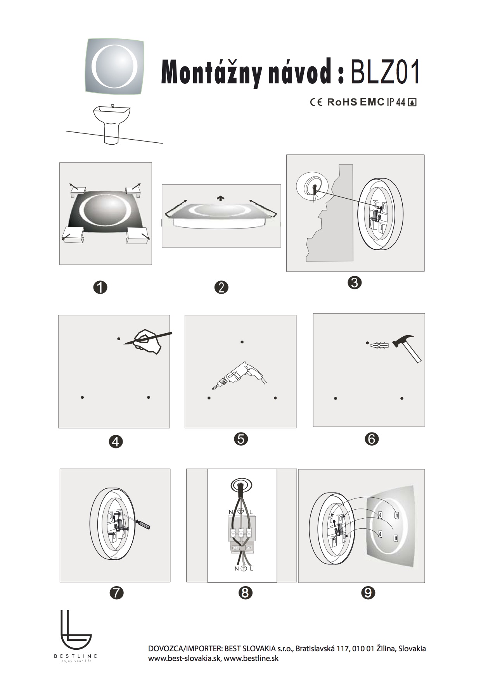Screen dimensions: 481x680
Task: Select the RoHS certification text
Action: click(342, 102)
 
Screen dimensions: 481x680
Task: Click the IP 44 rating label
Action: click(396, 102)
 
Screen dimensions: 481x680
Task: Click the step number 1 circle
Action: click(100, 287)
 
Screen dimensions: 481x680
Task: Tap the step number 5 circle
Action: click(241, 439)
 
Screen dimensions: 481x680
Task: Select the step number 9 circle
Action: click(368, 593)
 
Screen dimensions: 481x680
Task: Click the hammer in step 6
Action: click(407, 348)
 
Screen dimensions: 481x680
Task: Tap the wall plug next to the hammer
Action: click(379, 344)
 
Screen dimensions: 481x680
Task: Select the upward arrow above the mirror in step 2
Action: click(221, 198)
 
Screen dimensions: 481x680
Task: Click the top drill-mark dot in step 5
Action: click(242, 342)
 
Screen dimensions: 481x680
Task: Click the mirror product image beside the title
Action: click(115, 66)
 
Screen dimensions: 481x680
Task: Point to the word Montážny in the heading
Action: click(211, 72)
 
